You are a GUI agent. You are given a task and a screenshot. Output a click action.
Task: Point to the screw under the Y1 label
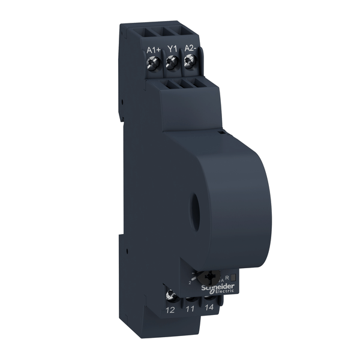coord(172,61)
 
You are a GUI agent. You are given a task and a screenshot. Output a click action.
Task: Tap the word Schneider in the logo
coord(217,287)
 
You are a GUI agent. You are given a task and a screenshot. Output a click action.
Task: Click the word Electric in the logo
coord(221,292)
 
